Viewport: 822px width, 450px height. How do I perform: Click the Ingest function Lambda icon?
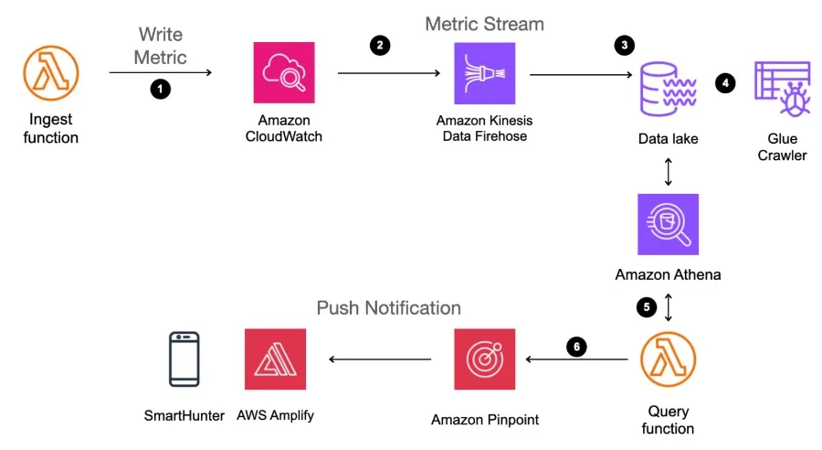[x=50, y=74]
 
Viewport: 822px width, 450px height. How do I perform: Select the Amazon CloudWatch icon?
[x=284, y=74]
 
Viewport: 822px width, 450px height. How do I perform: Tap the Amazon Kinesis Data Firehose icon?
[x=485, y=74]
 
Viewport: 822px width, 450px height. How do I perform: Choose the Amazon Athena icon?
[x=668, y=224]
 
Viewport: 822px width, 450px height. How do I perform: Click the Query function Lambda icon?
[x=668, y=359]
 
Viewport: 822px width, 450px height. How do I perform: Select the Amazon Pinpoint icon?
[x=485, y=359]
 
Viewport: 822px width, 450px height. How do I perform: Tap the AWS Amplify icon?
[x=275, y=359]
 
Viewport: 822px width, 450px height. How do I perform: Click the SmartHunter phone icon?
[x=184, y=359]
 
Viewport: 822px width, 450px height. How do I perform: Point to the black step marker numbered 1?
[x=161, y=90]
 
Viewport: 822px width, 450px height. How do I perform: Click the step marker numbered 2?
[x=378, y=46]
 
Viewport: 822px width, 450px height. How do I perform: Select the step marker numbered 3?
[x=624, y=46]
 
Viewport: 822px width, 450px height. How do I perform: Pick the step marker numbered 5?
[x=647, y=307]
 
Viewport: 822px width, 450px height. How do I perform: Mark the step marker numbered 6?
[x=574, y=346]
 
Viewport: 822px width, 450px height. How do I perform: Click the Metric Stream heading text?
[x=484, y=23]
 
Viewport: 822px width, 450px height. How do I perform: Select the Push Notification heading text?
[x=388, y=307]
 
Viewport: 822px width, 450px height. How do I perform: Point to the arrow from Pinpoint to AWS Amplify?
[x=380, y=359]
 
